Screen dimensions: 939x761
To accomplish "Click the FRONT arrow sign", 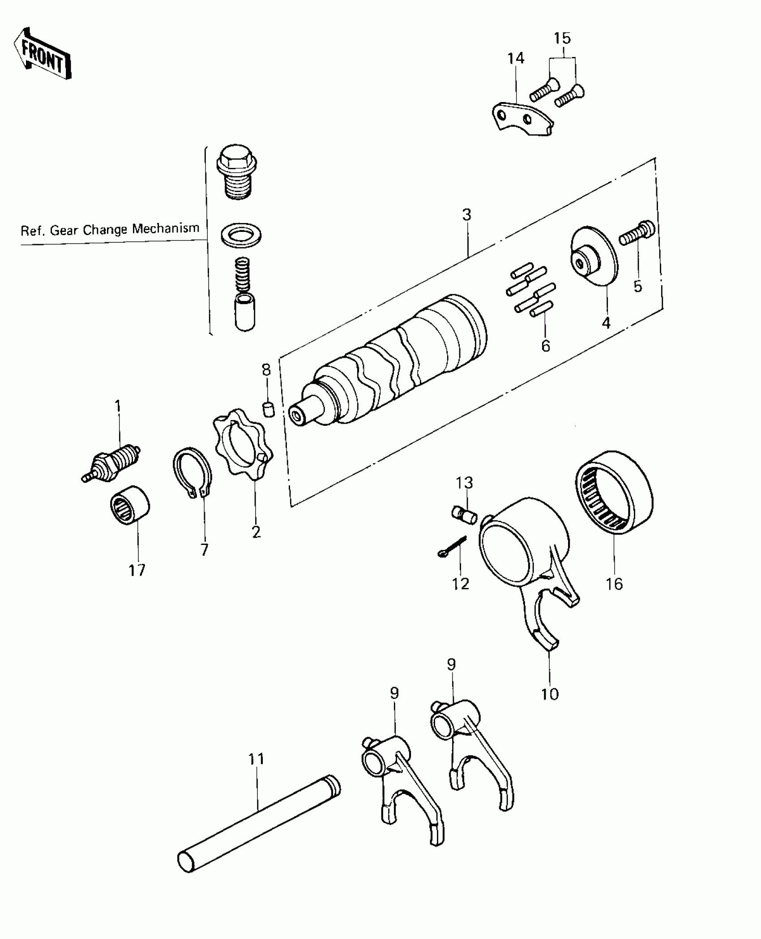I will pos(43,55).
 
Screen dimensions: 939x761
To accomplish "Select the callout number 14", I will pos(516,58).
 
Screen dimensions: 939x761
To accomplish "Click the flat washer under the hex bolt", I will pos(241,235).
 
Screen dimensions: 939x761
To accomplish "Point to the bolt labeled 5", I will pos(637,233).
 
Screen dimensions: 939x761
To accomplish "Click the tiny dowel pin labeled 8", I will pos(268,409).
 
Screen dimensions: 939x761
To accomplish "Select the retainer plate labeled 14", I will pos(522,118).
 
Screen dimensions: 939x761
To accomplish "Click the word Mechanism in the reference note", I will pos(166,228).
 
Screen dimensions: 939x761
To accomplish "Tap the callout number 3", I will pos(466,215).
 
